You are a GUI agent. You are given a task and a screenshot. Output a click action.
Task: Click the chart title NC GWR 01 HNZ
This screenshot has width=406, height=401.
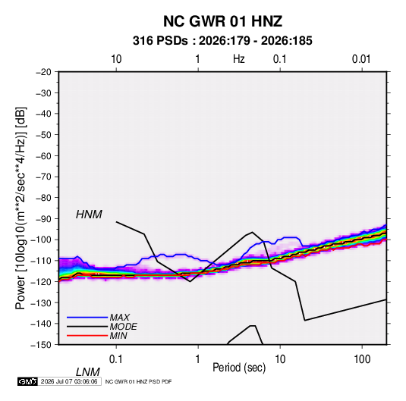(x=222, y=21)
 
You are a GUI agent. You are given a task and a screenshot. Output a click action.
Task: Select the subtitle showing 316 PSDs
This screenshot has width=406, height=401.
(x=222, y=41)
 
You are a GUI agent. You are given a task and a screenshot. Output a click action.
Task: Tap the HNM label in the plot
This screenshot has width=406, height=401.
(x=89, y=215)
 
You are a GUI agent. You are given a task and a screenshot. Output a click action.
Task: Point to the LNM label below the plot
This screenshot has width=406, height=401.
(x=87, y=372)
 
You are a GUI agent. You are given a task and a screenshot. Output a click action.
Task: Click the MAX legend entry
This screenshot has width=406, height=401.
(x=119, y=317)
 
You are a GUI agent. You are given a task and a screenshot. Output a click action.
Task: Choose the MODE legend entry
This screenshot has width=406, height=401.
(x=123, y=327)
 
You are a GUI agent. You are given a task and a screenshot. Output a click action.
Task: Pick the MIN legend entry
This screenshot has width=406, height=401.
(x=118, y=336)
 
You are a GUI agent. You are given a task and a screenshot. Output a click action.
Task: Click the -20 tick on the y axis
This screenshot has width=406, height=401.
(x=44, y=72)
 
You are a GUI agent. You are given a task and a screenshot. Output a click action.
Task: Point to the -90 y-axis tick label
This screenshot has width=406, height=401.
(x=44, y=219)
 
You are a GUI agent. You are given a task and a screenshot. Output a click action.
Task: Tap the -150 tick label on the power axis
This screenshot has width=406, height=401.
(x=41, y=345)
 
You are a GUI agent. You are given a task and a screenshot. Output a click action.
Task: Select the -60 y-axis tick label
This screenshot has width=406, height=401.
(x=44, y=155)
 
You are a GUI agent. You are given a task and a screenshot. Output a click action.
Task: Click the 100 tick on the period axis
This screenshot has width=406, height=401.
(x=362, y=359)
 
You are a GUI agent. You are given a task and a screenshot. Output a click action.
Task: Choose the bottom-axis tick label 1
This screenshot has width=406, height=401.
(x=198, y=359)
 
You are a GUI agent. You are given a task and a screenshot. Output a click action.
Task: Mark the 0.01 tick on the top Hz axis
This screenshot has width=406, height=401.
(x=361, y=59)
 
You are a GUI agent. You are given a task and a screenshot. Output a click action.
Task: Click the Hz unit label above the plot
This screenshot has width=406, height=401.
(x=239, y=59)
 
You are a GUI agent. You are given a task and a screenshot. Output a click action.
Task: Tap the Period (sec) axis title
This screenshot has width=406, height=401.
(x=239, y=368)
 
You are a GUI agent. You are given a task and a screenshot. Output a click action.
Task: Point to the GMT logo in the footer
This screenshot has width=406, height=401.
(x=28, y=381)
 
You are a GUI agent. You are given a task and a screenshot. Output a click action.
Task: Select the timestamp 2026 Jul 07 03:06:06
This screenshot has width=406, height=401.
(x=69, y=381)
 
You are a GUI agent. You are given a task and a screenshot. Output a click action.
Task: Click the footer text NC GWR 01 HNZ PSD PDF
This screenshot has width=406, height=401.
(x=139, y=381)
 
